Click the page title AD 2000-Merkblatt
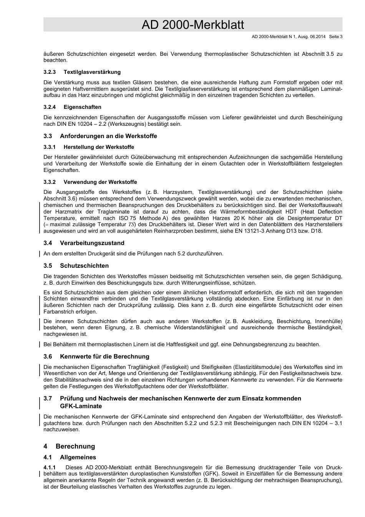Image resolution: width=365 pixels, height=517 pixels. pos(192,25)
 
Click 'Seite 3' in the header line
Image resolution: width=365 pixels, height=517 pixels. pos(336,37)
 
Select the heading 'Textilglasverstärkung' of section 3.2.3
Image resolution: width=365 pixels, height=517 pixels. pos(92,72)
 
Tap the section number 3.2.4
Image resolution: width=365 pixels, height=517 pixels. pos(50,107)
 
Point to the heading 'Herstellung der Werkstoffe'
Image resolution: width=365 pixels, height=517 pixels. pos(99,147)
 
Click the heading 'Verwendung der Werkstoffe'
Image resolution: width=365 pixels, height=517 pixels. pos(100,182)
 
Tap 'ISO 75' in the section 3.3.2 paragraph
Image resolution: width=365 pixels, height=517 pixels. pos(127,218)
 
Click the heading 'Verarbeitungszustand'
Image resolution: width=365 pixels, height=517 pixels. pos(92,243)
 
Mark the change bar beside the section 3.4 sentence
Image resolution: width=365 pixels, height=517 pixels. pos(40,253)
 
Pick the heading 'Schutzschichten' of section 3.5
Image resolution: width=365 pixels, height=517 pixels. pos(84,266)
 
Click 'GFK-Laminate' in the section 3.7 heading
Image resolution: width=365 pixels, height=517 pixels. pos(81,406)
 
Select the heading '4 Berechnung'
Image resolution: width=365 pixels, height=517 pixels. pos(69,446)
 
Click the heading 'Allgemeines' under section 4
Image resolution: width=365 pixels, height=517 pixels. pos(78,457)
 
